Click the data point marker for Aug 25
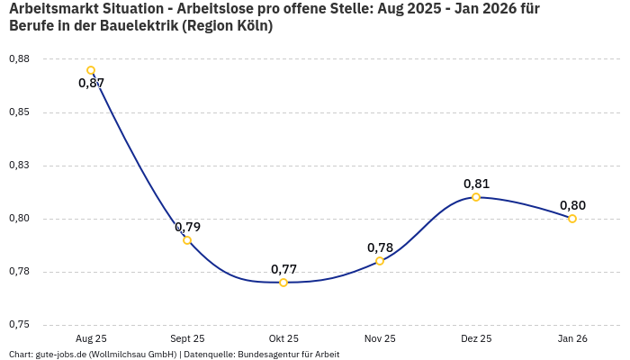(x=91, y=70)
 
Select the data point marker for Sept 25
(x=187, y=240)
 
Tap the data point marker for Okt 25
(x=283, y=283)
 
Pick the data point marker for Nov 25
(x=380, y=261)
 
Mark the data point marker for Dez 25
(x=476, y=197)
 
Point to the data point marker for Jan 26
(x=572, y=219)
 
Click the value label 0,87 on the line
(x=91, y=84)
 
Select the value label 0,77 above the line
(x=283, y=269)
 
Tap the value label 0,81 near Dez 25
(x=476, y=184)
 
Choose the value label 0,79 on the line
(x=187, y=227)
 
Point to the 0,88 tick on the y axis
(x=18, y=59)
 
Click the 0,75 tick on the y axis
(x=18, y=325)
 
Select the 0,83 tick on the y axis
(x=18, y=166)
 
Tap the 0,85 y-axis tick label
(x=18, y=112)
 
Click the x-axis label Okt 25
(x=283, y=338)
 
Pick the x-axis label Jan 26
(x=572, y=338)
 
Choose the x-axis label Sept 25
(x=187, y=338)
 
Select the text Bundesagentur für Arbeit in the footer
(x=288, y=355)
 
